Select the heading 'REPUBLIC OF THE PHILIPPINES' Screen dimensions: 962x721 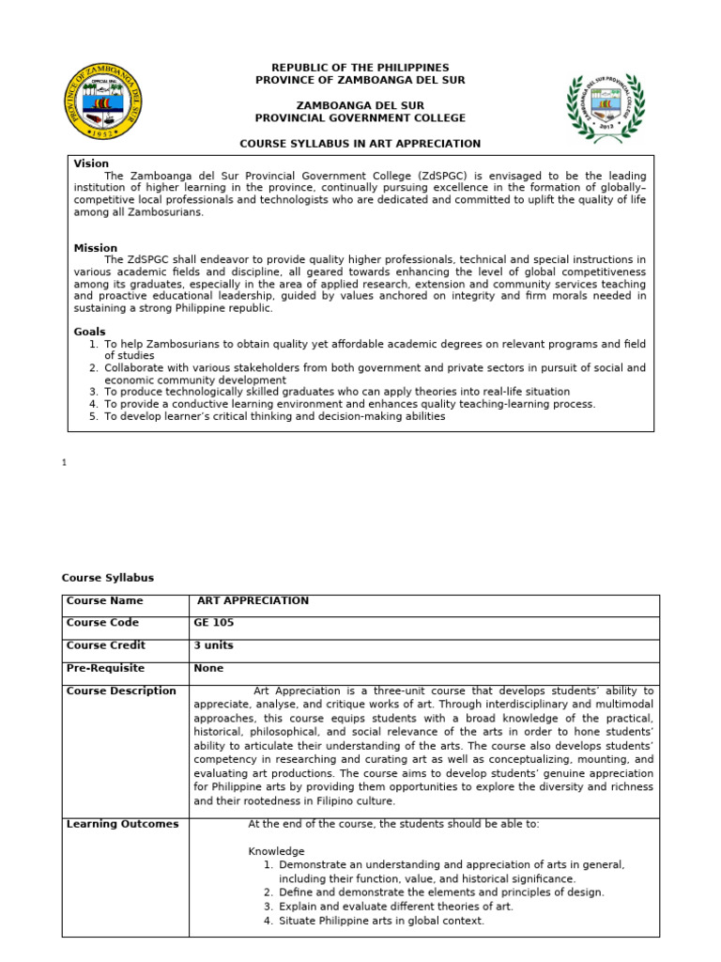[360, 69]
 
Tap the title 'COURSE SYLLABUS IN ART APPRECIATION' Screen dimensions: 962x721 [360, 144]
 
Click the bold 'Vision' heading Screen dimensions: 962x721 [91, 163]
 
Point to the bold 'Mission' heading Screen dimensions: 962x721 [96, 248]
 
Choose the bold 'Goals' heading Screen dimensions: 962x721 [90, 332]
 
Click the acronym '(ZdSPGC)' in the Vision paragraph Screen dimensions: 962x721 [450, 176]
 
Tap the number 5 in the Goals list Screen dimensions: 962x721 [94, 416]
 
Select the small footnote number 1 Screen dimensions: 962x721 [64, 462]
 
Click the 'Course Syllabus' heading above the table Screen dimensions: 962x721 [107, 578]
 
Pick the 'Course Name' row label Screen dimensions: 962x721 [104, 601]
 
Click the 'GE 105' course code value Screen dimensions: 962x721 [214, 623]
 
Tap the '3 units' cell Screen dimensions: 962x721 [214, 645]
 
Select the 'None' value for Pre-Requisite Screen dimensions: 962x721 [208, 668]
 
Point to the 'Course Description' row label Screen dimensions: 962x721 [121, 690]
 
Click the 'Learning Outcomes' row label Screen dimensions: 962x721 [122, 824]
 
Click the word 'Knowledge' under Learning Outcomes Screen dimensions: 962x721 [276, 851]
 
